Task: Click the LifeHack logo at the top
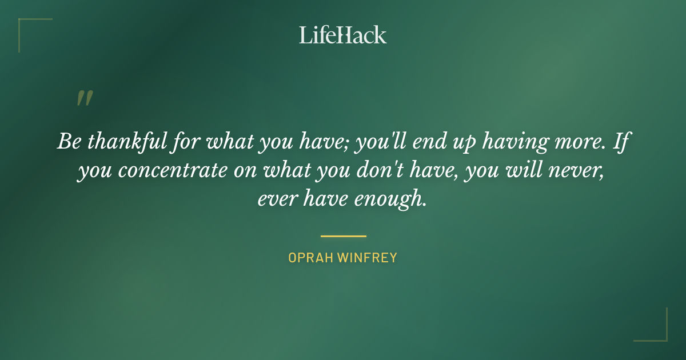coord(343,35)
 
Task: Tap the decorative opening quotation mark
coord(84,99)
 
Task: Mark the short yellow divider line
coord(343,235)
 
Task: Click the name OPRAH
coord(310,258)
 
